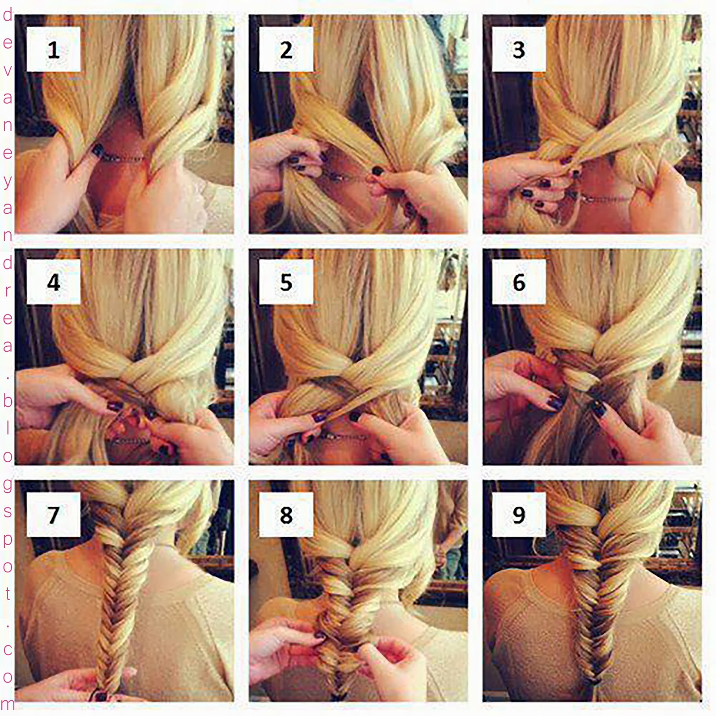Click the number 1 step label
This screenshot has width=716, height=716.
(53, 49)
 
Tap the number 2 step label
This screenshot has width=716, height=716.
(286, 49)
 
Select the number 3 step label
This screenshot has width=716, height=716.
(519, 49)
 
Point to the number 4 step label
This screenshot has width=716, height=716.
(53, 282)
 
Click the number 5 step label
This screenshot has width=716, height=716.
(286, 282)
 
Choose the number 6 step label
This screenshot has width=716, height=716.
(519, 282)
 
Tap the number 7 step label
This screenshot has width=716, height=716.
(53, 515)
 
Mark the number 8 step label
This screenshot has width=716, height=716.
(286, 515)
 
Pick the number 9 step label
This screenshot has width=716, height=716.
(519, 515)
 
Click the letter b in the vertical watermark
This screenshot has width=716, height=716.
(8, 400)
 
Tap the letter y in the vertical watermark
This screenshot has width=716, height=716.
(8, 181)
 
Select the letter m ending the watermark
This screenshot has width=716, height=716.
(8, 704)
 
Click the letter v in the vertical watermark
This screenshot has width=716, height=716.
(8, 70)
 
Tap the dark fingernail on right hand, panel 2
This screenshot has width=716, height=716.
(377, 170)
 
